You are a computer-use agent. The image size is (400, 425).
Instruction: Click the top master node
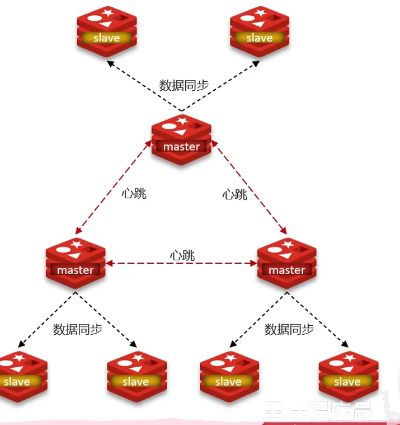[182, 139]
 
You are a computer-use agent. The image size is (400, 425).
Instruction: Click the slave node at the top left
[107, 31]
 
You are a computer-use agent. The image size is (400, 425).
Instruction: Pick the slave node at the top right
[260, 31]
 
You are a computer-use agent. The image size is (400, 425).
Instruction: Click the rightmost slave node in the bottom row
[348, 376]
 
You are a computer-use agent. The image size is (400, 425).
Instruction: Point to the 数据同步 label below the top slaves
[184, 86]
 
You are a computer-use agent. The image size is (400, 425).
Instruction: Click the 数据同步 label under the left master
[77, 330]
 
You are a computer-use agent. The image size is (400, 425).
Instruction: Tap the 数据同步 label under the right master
[289, 330]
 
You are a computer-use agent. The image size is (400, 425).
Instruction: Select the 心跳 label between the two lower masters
[182, 256]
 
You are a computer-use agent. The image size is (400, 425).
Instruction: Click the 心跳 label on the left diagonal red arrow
[134, 193]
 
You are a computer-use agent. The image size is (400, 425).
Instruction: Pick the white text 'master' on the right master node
[287, 270]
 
